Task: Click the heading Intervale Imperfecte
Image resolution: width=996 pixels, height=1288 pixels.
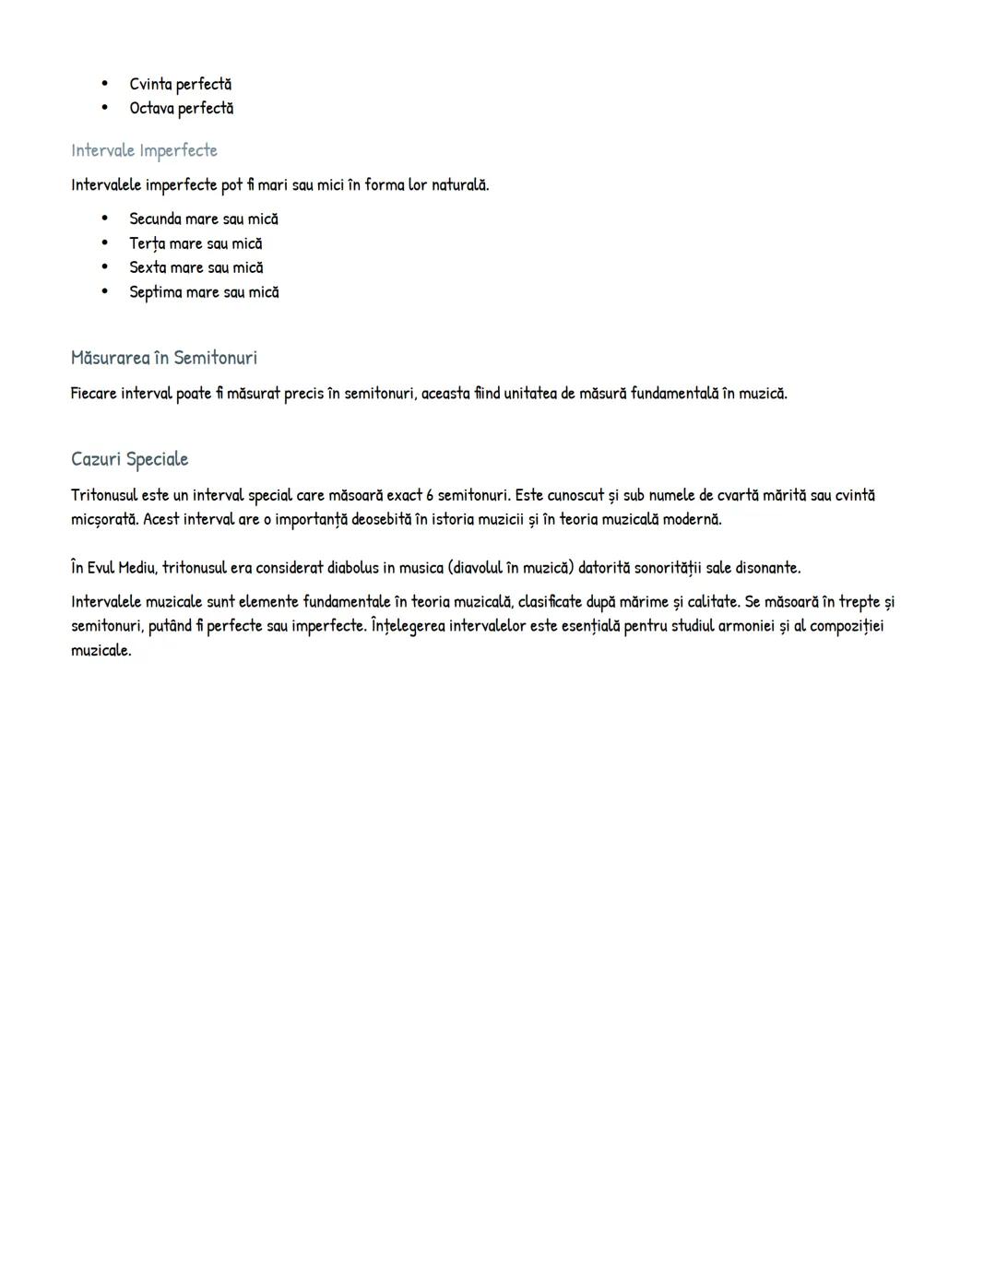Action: [144, 150]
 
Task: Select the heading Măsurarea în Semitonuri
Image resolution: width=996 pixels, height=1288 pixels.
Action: [163, 358]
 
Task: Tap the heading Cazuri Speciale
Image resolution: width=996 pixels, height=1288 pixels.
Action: [129, 459]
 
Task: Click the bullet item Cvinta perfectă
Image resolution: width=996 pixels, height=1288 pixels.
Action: [180, 85]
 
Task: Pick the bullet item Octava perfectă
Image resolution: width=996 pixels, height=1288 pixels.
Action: [181, 109]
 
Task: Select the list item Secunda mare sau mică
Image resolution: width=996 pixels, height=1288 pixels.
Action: [203, 219]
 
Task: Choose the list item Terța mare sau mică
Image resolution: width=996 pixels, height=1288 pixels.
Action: [196, 243]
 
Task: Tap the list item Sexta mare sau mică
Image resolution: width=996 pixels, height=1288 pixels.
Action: [196, 268]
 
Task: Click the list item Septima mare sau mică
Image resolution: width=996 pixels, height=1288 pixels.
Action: [204, 292]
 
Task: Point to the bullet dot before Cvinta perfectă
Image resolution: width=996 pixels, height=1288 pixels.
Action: [105, 84]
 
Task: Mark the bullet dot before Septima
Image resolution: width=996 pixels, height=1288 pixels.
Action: [105, 291]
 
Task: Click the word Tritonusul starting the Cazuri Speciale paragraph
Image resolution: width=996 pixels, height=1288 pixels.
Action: [104, 495]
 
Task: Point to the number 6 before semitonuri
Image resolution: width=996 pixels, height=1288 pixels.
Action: [430, 495]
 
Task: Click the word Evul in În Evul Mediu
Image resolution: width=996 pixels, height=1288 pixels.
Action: [101, 568]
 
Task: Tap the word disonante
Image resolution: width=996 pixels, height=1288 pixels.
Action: [767, 568]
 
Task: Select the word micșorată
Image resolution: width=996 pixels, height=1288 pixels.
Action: [105, 519]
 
